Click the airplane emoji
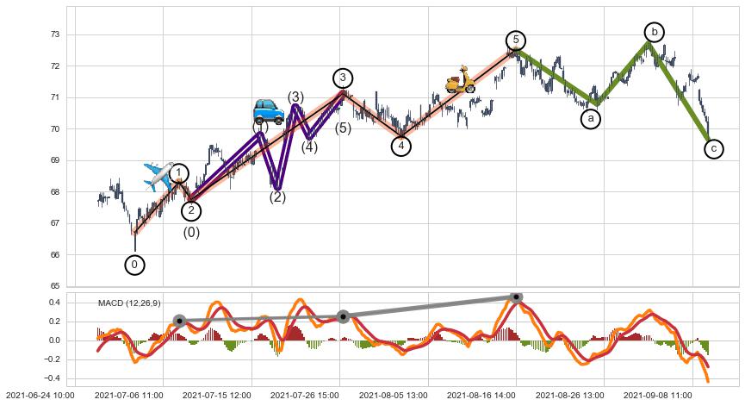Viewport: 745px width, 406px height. point(159,176)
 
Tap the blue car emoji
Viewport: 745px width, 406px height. point(269,111)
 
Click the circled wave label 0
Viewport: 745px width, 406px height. point(134,265)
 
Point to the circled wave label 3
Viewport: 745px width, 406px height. point(343,78)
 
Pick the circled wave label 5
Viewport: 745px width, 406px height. point(516,41)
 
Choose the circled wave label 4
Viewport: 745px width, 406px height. point(400,146)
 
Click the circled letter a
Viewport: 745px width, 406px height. point(591,119)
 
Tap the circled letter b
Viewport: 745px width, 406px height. point(655,32)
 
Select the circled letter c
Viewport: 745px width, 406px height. point(714,149)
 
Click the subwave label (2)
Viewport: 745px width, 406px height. point(277,197)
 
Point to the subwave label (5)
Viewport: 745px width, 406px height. point(343,129)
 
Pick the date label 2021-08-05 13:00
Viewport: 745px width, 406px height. point(393,395)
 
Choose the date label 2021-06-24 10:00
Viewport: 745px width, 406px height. point(38,395)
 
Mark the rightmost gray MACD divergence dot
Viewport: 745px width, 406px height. point(516,297)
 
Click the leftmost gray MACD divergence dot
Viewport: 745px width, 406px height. point(179,321)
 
